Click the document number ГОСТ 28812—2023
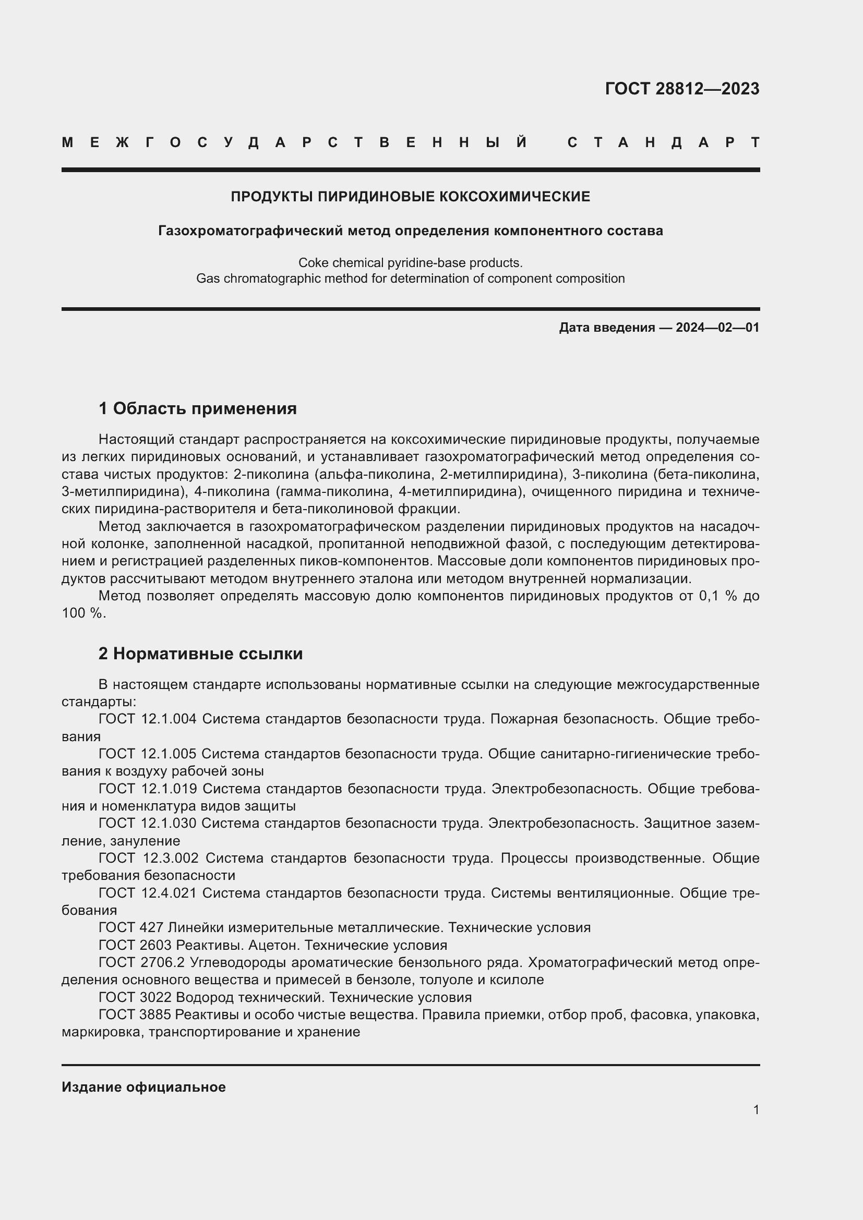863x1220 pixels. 682,89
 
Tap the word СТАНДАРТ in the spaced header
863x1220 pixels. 663,142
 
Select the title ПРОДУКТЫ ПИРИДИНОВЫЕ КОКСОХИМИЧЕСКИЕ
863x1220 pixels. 410,197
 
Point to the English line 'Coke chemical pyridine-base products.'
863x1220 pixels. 410,262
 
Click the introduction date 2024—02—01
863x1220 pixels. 717,328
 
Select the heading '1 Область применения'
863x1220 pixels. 197,408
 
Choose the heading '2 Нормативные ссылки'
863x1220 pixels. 200,654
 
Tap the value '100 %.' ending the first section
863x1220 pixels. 84,613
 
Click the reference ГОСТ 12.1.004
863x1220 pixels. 147,719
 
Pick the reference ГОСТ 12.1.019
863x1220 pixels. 147,789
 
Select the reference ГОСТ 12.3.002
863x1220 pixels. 148,858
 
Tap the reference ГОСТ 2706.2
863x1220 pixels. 141,962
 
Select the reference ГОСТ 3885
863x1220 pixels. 135,1015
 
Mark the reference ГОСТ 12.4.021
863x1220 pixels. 147,893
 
